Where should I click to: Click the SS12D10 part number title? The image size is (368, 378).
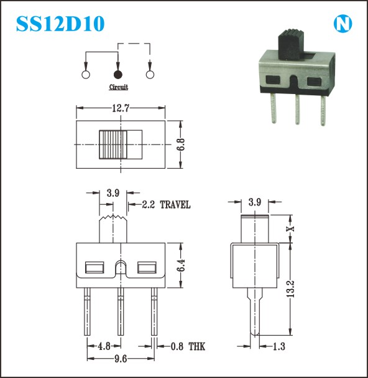pos(60,24)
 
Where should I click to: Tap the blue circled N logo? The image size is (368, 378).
pos(343,24)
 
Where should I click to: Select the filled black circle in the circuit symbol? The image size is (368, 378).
pos(118,75)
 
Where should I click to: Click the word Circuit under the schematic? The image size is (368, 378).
pos(118,87)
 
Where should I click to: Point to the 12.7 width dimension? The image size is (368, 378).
pos(121,108)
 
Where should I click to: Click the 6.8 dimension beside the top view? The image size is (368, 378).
pos(181,144)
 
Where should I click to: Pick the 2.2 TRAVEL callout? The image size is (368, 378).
pos(166,205)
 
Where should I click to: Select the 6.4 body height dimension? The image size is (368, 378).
pos(181,265)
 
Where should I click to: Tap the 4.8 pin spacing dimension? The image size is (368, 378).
pos(104,346)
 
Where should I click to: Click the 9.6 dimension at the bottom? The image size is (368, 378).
pos(121,359)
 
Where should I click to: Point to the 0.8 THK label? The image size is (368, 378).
pos(188,347)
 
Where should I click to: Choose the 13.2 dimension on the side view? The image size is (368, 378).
pos(290,288)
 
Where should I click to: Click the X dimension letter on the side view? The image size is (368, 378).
pos(291,229)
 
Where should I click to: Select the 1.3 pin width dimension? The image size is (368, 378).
pos(279,347)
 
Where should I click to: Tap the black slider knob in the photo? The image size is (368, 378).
pos(291,44)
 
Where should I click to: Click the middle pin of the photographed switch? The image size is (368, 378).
pos(298,109)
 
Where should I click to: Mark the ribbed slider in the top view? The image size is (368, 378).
pos(113,144)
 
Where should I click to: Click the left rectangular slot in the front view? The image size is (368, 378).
pos(94,268)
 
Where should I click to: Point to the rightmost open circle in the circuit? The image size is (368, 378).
pos(150,75)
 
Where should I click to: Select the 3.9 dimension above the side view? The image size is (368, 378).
pos(255,202)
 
